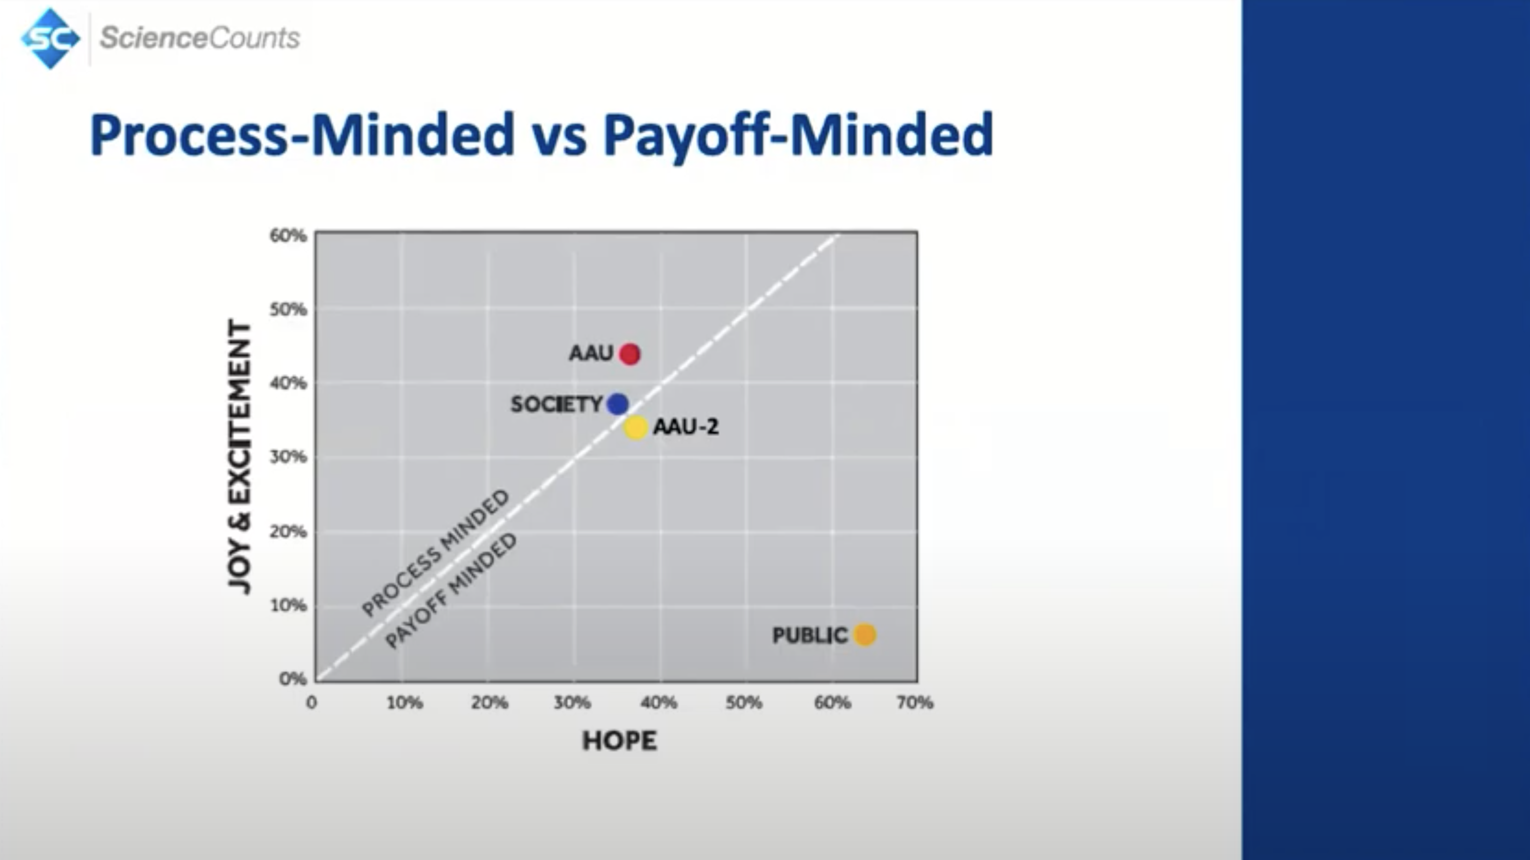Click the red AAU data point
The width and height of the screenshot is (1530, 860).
click(x=630, y=354)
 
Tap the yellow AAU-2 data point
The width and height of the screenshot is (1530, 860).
click(x=635, y=427)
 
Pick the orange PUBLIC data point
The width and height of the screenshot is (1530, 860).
click(x=865, y=634)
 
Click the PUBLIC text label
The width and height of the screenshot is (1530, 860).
click(x=810, y=635)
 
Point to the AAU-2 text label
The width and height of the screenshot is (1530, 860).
click(x=686, y=426)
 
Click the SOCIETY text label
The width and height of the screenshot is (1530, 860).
click(x=556, y=405)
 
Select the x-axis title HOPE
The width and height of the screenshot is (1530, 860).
click(x=620, y=741)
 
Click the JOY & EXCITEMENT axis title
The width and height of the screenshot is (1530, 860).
click(x=239, y=457)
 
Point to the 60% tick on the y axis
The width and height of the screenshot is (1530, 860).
click(x=288, y=235)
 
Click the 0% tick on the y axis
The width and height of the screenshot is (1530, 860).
click(x=293, y=678)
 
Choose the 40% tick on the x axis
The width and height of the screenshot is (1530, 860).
click(x=659, y=703)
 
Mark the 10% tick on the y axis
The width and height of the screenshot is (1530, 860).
click(x=288, y=605)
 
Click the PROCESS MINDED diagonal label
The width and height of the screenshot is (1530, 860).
click(x=436, y=553)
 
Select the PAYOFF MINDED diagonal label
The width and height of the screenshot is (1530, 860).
click(x=451, y=591)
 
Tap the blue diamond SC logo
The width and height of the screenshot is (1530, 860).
click(x=50, y=38)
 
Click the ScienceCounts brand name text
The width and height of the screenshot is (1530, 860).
click(x=200, y=37)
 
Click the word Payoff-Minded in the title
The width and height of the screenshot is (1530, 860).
click(x=798, y=135)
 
